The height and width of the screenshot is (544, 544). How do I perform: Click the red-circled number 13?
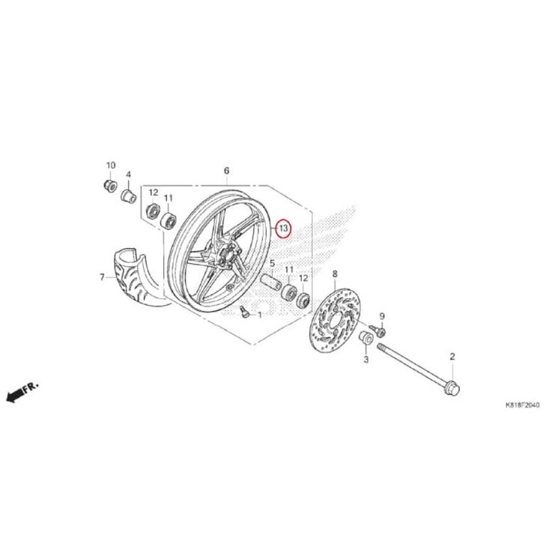tap(283, 228)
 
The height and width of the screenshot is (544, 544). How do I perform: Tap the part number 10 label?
tap(110, 165)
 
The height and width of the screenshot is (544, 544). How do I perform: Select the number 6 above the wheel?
tap(226, 172)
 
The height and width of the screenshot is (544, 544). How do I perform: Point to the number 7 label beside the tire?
tap(103, 277)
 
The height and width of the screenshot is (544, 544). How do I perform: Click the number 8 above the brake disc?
tap(335, 273)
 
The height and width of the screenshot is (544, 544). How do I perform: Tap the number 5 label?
tap(272, 264)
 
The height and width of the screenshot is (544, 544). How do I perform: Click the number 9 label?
tap(381, 317)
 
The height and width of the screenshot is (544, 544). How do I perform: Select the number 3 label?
tap(366, 360)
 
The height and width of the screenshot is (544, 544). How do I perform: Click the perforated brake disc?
tap(336, 323)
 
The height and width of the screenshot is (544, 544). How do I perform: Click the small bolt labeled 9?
tap(380, 330)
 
